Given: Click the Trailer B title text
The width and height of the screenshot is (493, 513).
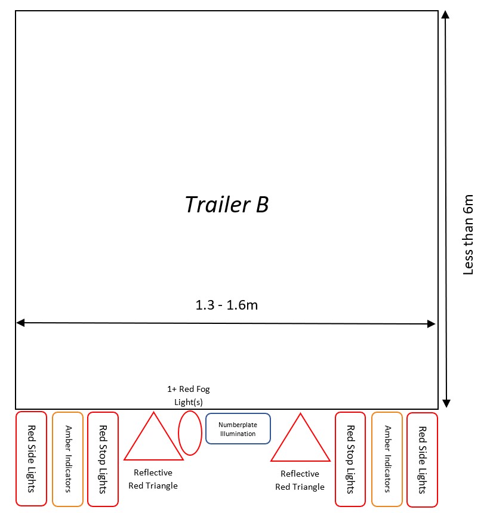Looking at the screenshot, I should [x=226, y=205].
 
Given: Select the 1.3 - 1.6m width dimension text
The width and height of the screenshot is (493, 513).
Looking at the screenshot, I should [x=226, y=305].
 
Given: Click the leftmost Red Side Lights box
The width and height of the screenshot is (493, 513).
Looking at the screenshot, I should [x=31, y=458].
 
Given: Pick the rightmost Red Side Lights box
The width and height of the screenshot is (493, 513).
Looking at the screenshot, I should [x=422, y=459].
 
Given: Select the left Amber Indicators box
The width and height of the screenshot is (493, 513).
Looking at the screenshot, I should [x=67, y=459].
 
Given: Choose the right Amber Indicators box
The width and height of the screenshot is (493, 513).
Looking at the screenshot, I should [x=387, y=459].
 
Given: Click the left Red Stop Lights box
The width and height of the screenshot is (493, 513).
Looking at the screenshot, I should [x=103, y=459].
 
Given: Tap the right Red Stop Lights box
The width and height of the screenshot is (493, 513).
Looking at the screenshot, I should [x=350, y=459].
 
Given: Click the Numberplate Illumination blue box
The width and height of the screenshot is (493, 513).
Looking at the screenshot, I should [x=238, y=429].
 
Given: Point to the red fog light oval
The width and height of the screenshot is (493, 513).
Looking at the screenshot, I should [x=190, y=432].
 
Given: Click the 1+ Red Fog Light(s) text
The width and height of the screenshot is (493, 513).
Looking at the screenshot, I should [x=188, y=395].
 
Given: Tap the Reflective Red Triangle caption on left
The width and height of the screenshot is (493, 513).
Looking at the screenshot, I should [x=153, y=479].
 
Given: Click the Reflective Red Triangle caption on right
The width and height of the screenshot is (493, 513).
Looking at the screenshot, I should [x=300, y=480].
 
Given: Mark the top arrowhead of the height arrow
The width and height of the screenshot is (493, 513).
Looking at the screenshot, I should [x=445, y=14].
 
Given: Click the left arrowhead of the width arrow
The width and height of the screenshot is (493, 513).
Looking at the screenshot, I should [x=21, y=323].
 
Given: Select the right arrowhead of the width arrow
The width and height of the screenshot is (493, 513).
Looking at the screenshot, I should [x=431, y=324].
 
